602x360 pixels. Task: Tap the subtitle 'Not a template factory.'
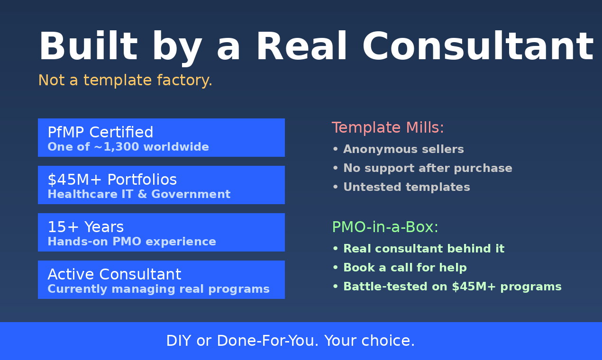[x=125, y=81]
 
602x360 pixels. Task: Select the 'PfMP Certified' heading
[x=100, y=132]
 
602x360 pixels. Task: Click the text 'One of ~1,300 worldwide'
[x=128, y=147]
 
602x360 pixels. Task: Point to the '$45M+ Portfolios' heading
[x=112, y=180]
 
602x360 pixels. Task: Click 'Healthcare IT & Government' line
[x=139, y=194]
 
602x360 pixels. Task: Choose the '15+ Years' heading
[x=86, y=227]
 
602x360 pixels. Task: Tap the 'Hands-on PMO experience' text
[x=132, y=242]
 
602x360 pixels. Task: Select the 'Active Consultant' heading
[x=114, y=274]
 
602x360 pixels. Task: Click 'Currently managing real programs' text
[x=158, y=289]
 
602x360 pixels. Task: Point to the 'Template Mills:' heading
[x=388, y=128]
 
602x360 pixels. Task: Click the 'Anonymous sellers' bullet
[x=403, y=149]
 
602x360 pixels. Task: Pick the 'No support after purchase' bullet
[x=427, y=168]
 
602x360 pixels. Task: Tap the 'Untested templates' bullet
[x=406, y=187]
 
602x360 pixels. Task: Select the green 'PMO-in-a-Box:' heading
[x=385, y=227]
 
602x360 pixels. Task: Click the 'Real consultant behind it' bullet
[x=423, y=249]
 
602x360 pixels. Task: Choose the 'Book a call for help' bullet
[x=404, y=268]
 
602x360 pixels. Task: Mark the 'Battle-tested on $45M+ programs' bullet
[x=452, y=287]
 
